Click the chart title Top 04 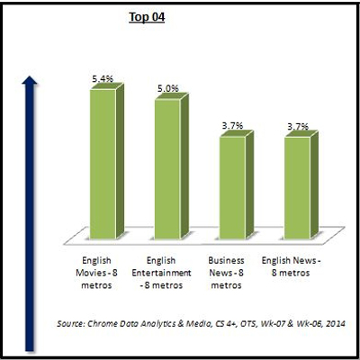(148, 17)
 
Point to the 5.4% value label (103, 80)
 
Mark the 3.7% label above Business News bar (232, 127)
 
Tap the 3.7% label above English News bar (298, 127)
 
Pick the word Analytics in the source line (168, 321)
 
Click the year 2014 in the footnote (335, 321)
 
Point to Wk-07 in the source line (270, 321)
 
